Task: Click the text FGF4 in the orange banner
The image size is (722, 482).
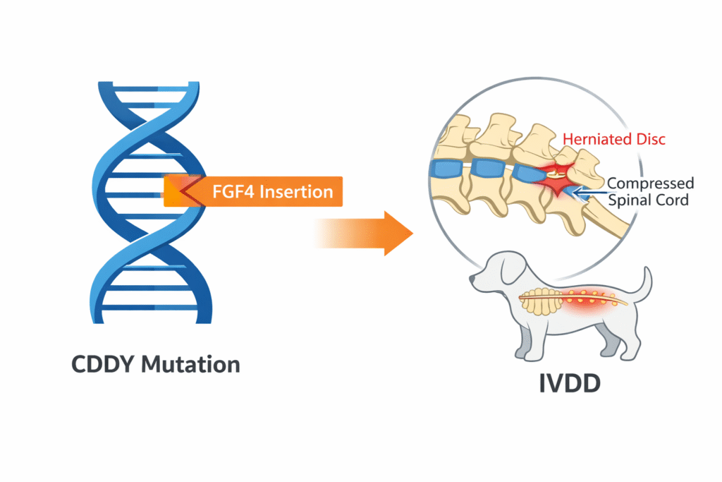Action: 235,191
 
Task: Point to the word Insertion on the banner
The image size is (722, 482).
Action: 297,191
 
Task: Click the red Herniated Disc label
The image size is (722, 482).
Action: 613,140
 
